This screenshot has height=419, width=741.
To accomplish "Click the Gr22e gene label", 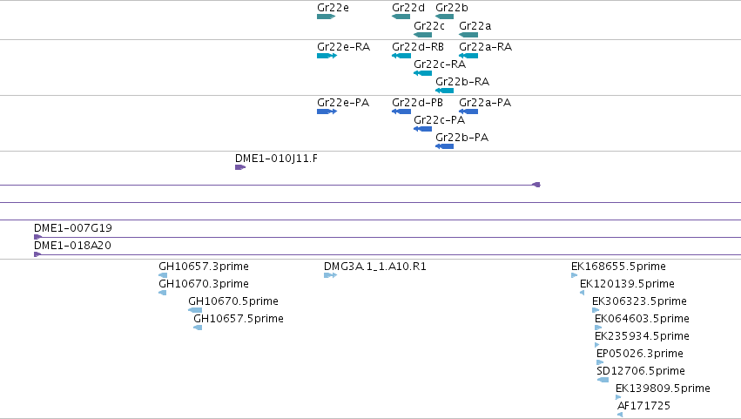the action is [333, 8].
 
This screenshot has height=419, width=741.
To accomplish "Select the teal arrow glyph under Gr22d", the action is [401, 17].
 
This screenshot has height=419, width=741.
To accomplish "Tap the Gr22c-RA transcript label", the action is [440, 64].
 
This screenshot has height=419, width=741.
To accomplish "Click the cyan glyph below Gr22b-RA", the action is [444, 91].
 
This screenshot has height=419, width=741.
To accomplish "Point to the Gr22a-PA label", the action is [485, 103].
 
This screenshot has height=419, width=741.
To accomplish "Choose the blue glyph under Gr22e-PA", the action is [327, 112].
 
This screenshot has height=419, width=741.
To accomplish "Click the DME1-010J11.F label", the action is [276, 159].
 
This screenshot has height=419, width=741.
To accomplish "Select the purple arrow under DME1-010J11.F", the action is [240, 167].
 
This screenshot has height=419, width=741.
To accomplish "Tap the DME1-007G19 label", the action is [73, 228].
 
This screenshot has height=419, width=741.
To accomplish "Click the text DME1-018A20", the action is [72, 246].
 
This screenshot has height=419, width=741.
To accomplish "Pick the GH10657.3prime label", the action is [204, 267].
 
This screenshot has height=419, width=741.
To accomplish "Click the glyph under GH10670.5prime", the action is [195, 310].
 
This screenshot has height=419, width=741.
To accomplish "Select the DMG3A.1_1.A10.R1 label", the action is [375, 267].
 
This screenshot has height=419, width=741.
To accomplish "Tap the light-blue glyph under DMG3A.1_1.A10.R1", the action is [330, 275].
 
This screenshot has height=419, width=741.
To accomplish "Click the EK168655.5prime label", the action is [618, 267].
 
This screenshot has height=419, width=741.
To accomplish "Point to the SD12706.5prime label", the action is [641, 371].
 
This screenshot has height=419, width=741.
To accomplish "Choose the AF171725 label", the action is [643, 405].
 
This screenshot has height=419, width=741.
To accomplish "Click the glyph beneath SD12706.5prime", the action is [603, 380].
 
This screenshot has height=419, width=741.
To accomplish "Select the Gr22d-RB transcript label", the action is [418, 47].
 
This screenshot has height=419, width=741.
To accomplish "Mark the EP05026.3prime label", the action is [640, 354].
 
